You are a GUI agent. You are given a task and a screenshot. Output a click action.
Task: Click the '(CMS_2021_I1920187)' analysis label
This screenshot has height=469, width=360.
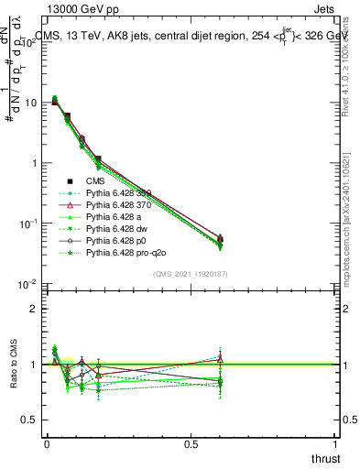click(x=190, y=274)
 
